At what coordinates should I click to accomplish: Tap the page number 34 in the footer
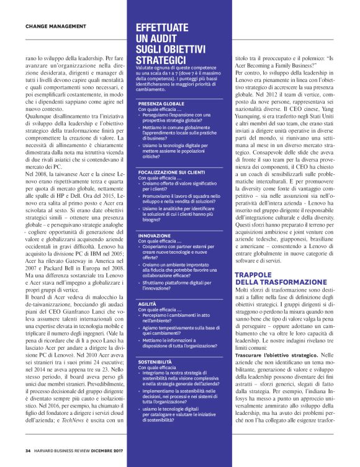(x=28, y=450)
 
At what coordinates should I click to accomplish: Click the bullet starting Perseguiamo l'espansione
(x=177, y=118)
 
